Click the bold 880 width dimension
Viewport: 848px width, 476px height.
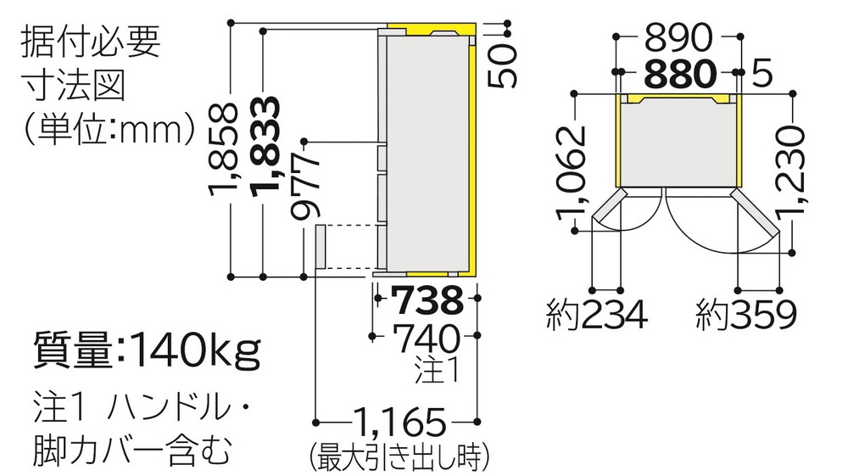(680, 74)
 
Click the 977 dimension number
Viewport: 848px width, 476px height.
(305, 187)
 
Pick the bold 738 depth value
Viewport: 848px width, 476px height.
(427, 300)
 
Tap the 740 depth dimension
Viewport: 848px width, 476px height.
(427, 339)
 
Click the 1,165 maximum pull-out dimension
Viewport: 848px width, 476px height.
(400, 423)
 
